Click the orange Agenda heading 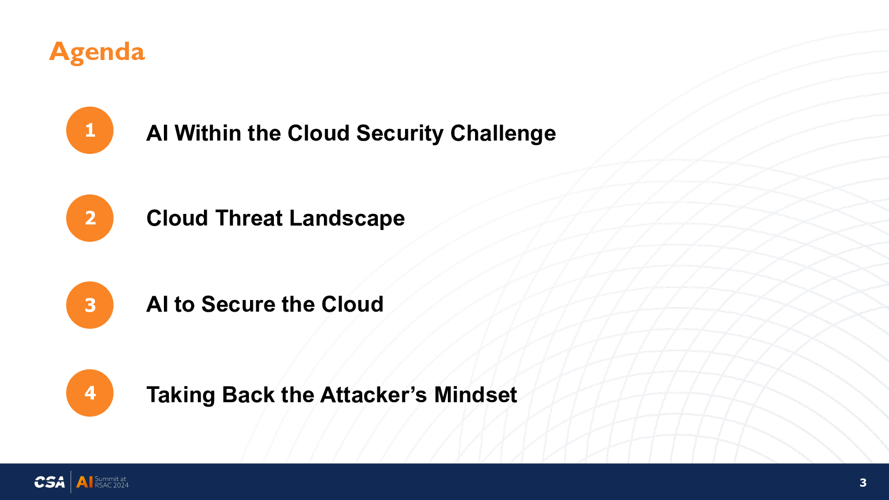pyautogui.click(x=97, y=52)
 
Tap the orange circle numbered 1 pyautogui.click(x=89, y=130)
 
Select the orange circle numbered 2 pyautogui.click(x=89, y=218)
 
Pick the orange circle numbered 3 pyautogui.click(x=89, y=305)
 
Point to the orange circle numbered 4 pyautogui.click(x=89, y=393)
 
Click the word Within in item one pyautogui.click(x=208, y=133)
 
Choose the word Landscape pyautogui.click(x=347, y=219)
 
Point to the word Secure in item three pyautogui.click(x=238, y=304)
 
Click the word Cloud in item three pyautogui.click(x=352, y=304)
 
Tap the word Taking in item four pyautogui.click(x=181, y=396)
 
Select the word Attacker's pyautogui.click(x=373, y=395)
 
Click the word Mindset pyautogui.click(x=475, y=395)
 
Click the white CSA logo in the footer pyautogui.click(x=49, y=482)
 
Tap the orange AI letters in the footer pyautogui.click(x=84, y=482)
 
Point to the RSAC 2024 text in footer pyautogui.click(x=112, y=485)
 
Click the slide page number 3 pyautogui.click(x=863, y=483)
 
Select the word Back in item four pyautogui.click(x=248, y=395)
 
